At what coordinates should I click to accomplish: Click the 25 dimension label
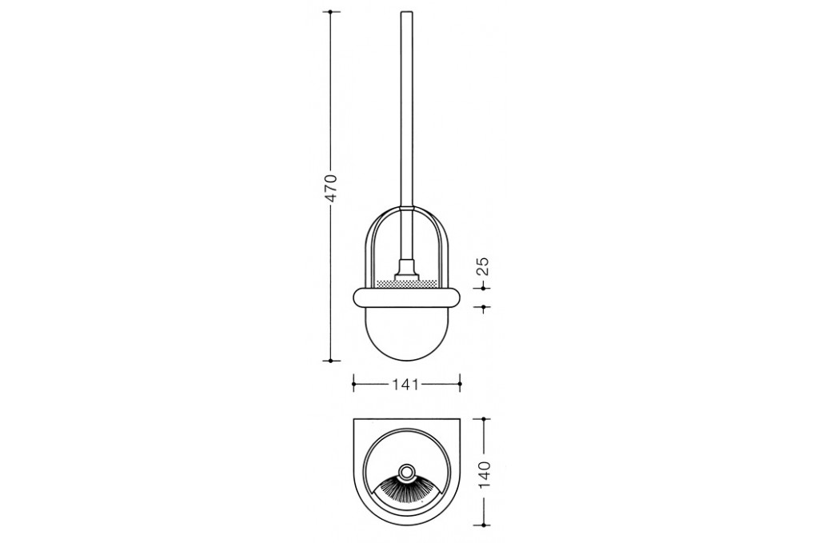tap(483, 266)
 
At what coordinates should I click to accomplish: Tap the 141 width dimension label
tap(405, 384)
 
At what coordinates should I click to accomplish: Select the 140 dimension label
tap(484, 474)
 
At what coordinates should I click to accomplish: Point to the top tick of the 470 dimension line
tap(331, 12)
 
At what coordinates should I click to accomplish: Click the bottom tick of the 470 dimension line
tap(331, 361)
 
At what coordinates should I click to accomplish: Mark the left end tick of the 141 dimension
tap(353, 384)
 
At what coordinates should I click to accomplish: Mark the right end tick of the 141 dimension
tap(461, 384)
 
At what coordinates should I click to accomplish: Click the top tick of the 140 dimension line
tap(484, 418)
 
